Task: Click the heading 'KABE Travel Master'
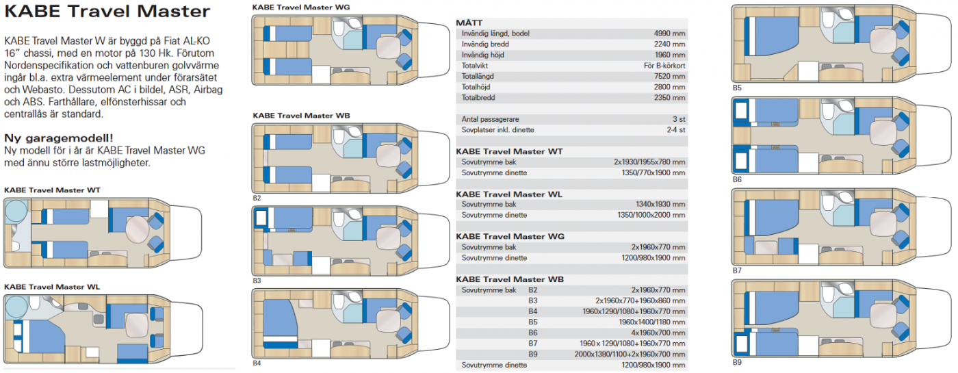(x=107, y=11)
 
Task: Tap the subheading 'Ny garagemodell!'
(x=59, y=138)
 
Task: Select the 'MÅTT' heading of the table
(x=469, y=23)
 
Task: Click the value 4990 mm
(x=669, y=34)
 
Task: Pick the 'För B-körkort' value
(x=664, y=66)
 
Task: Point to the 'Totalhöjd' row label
(x=476, y=87)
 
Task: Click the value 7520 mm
(x=669, y=76)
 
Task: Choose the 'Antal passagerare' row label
(x=490, y=119)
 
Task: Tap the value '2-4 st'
(x=676, y=130)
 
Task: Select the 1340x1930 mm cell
(x=660, y=205)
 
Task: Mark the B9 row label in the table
(x=532, y=355)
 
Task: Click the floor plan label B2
(x=257, y=198)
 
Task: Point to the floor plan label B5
(x=737, y=88)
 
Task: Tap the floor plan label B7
(x=737, y=270)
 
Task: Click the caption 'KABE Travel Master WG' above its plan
(x=301, y=8)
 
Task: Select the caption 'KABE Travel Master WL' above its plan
(x=52, y=287)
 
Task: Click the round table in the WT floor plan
(x=137, y=229)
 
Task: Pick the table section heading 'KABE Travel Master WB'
(x=510, y=279)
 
